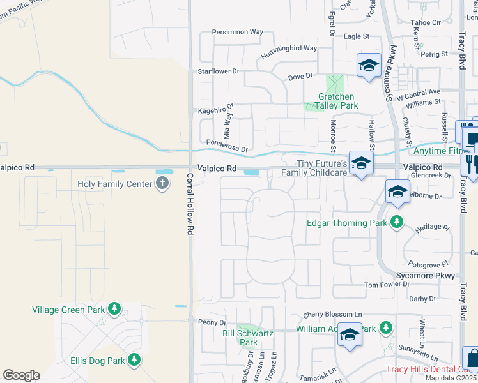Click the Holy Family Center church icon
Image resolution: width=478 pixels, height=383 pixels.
(x=162, y=184)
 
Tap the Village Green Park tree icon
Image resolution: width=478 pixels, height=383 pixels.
(x=114, y=310)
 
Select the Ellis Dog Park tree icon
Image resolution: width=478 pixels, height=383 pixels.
(x=134, y=361)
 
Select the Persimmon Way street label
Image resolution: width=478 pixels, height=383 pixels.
(x=238, y=31)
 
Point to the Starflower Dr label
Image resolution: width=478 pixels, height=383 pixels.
(x=218, y=71)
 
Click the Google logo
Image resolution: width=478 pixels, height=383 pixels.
(x=21, y=375)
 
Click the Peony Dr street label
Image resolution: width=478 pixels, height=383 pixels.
(x=212, y=322)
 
